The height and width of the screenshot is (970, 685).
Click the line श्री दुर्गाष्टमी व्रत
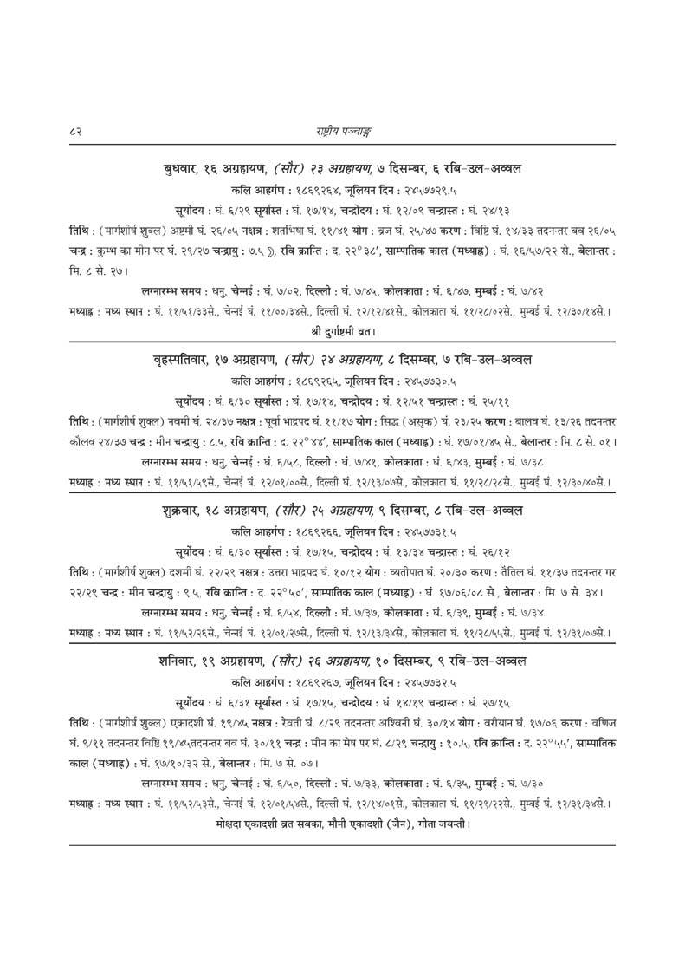[342, 330]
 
